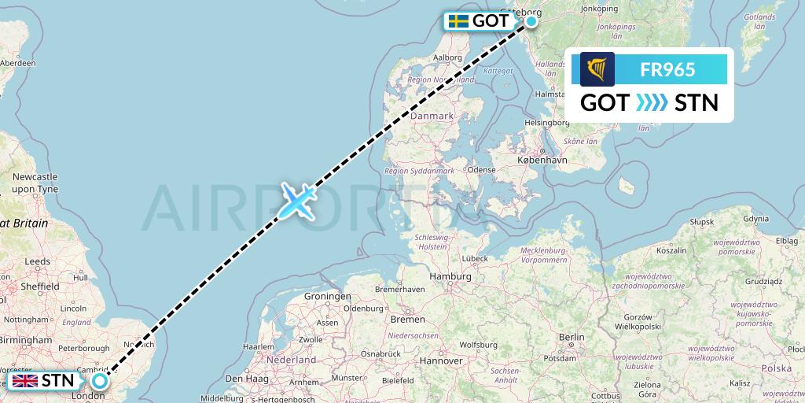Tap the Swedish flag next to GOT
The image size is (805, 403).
point(458,21)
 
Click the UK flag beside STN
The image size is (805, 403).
point(25,382)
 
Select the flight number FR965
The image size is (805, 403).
point(667,69)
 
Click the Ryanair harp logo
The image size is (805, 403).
point(597,69)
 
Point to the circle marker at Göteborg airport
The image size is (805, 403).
point(532,21)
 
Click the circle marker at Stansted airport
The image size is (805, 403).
point(100,381)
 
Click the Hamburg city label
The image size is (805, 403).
point(450,277)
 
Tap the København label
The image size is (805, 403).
point(542,160)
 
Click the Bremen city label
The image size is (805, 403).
point(407,320)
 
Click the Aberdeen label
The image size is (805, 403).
point(19,63)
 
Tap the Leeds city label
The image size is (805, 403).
point(38,261)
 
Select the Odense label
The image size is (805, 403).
point(480,169)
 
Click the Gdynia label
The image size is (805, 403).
point(755,219)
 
